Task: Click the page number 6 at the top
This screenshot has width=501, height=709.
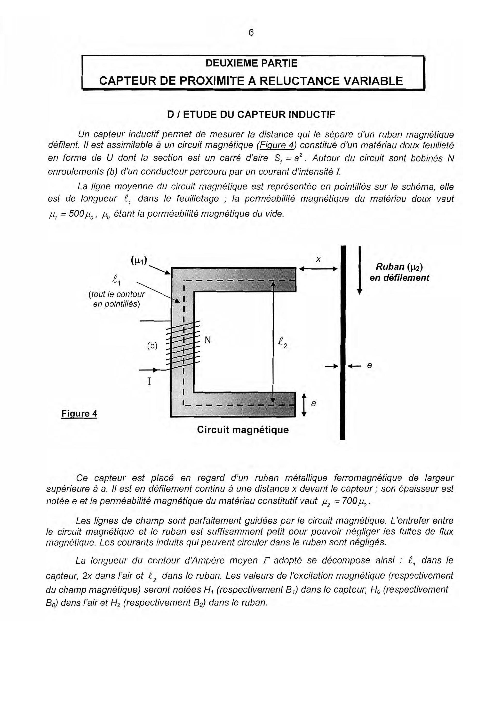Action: tap(251, 32)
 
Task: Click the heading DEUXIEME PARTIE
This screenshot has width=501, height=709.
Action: tap(251, 63)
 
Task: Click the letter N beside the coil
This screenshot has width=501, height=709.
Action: tap(208, 340)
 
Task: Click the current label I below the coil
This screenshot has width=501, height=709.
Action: tap(149, 381)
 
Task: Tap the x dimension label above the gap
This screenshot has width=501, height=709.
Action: tap(318, 260)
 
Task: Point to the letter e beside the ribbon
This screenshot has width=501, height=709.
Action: tap(369, 366)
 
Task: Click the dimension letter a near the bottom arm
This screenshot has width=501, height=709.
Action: tap(314, 403)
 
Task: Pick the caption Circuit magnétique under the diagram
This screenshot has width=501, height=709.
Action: tap(243, 430)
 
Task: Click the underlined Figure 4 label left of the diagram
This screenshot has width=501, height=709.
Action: tap(79, 413)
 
